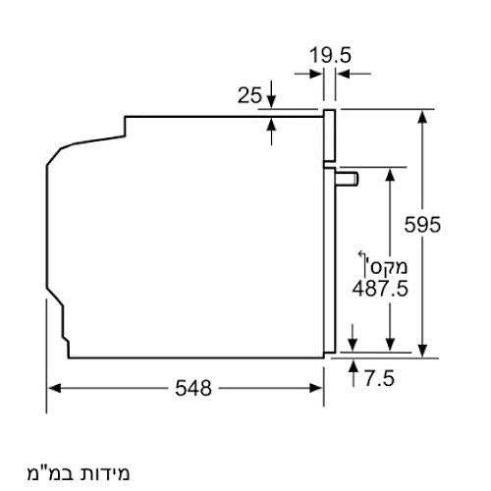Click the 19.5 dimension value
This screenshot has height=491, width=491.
[x=331, y=55]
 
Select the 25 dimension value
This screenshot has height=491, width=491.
[x=249, y=95]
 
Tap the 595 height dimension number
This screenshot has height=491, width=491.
[x=423, y=224]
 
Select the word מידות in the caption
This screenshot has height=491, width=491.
[x=103, y=473]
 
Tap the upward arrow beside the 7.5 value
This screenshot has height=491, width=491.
[x=354, y=366]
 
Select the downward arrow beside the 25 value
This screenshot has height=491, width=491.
[x=272, y=101]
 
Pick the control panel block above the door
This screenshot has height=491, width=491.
[x=330, y=136]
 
